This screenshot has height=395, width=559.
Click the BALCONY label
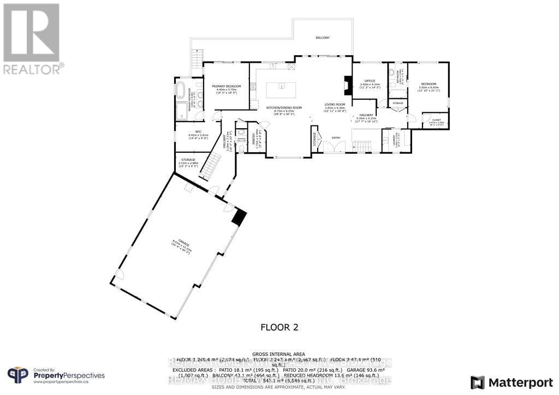[323, 38]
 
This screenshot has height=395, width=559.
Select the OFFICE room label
[370, 81]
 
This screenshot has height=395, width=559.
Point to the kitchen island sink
[282, 86]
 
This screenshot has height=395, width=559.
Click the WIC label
[192, 131]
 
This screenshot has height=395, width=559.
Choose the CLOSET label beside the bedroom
[436, 120]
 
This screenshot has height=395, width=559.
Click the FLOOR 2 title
[279, 327]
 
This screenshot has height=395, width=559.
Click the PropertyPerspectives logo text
[69, 375]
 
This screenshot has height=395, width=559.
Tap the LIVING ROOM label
[335, 104]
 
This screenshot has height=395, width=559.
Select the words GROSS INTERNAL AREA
[279, 354]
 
